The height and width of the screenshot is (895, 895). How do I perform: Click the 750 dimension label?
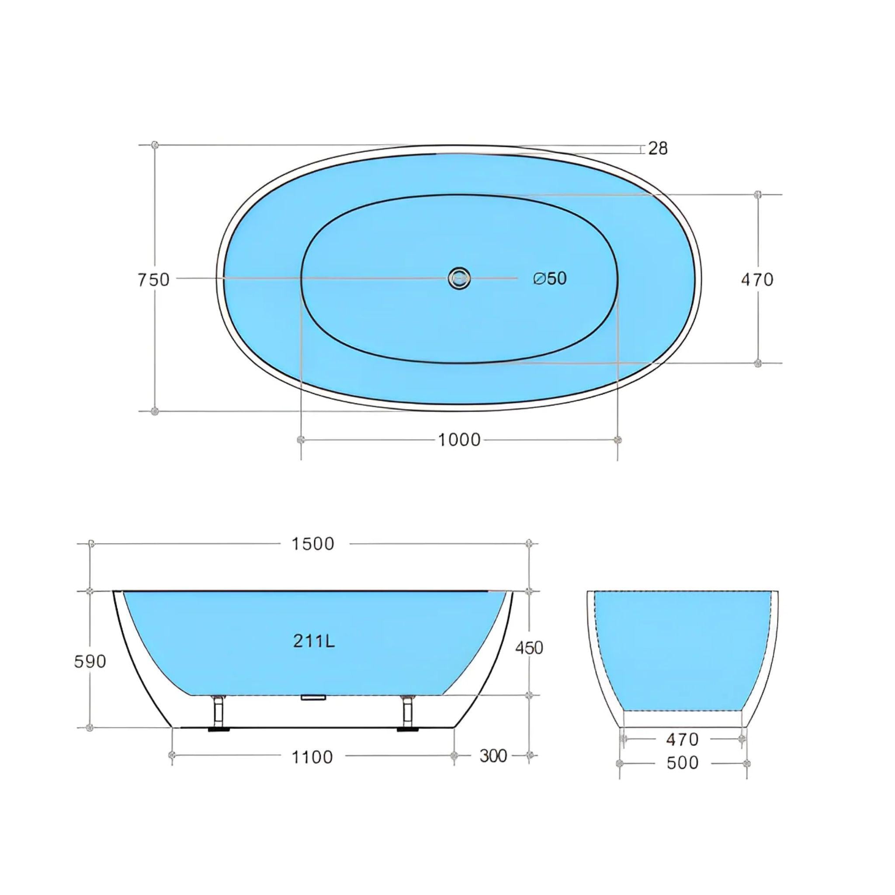(x=153, y=280)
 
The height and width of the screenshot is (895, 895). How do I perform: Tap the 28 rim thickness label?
(x=657, y=148)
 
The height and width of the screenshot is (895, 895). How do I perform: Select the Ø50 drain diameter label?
(x=550, y=278)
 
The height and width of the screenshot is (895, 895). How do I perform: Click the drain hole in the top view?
(x=459, y=278)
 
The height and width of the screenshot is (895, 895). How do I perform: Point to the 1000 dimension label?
(x=459, y=439)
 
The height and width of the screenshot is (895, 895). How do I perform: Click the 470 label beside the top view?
(x=757, y=280)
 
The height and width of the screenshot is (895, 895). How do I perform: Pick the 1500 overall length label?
(x=313, y=544)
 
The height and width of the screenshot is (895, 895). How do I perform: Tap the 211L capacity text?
(x=314, y=641)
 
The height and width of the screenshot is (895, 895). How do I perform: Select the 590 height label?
(x=90, y=662)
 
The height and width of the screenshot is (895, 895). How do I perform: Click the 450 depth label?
(x=529, y=648)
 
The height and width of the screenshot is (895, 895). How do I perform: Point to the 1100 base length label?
(x=312, y=757)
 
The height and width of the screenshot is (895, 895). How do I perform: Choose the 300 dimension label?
(x=493, y=756)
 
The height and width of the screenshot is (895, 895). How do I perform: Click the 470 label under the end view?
(x=682, y=739)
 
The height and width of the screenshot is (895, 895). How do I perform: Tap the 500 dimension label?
(x=682, y=763)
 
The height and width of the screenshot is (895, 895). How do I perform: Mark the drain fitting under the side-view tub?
(x=314, y=697)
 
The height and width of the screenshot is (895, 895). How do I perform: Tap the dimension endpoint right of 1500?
(x=530, y=543)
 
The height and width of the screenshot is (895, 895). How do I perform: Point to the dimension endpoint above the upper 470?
(x=758, y=194)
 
